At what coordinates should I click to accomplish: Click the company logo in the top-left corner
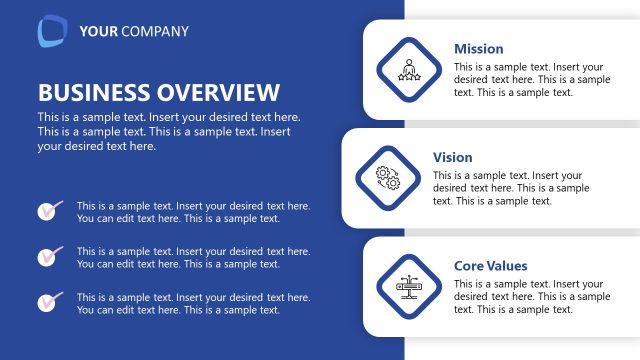52,31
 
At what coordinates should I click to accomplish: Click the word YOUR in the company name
98,32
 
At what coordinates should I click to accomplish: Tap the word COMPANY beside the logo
154,32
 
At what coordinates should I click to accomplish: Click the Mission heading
479,49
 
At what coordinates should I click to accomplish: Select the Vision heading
453,158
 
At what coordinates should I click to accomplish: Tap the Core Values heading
491,266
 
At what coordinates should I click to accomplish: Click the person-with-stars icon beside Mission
407,68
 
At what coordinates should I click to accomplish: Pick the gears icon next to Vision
386,177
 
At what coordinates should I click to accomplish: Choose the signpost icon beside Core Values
407,286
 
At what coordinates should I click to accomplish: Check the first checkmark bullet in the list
49,210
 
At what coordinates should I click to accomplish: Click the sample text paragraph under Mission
532,80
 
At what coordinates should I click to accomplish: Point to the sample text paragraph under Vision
511,188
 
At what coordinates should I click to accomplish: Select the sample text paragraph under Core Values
532,297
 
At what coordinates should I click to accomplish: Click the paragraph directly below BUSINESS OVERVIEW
169,132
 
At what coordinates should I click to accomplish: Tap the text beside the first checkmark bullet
193,212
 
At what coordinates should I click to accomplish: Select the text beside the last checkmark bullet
193,303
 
